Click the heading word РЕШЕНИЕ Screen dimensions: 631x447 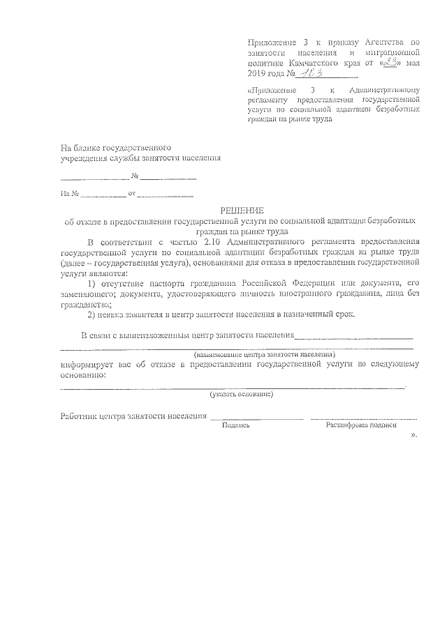[242, 211]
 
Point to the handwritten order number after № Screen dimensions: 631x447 [301, 73]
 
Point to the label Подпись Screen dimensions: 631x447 [235, 425]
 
